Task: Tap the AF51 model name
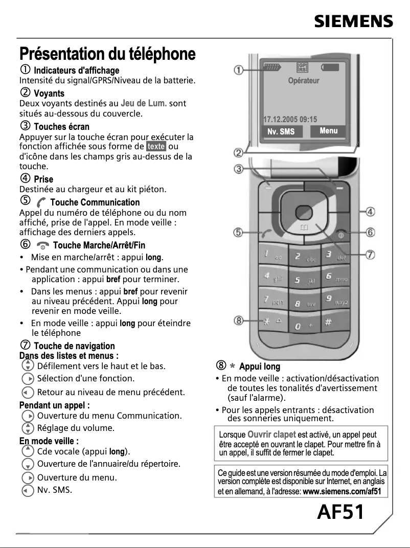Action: (x=341, y=511)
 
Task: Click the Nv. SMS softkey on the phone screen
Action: (x=281, y=131)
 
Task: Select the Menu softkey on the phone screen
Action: (x=328, y=131)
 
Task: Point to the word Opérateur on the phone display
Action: (x=304, y=81)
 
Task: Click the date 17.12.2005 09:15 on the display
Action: (x=290, y=119)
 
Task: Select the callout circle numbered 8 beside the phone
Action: (x=238, y=321)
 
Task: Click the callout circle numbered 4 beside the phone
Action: (x=371, y=211)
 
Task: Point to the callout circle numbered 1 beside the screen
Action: (x=238, y=70)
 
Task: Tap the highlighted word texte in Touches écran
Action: (x=156, y=146)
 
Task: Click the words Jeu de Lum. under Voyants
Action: (x=144, y=103)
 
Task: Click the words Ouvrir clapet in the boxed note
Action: (x=271, y=435)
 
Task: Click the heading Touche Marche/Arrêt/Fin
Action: (x=99, y=245)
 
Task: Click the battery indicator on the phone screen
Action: (x=330, y=67)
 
